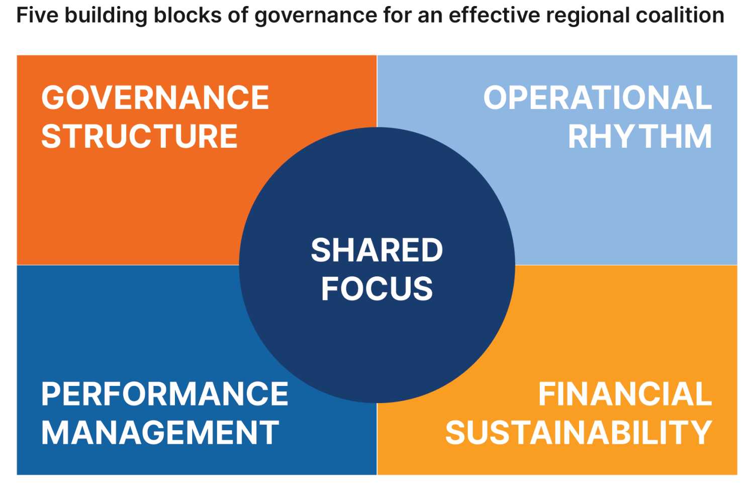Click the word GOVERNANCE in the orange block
[x=155, y=97]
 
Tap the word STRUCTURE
[x=139, y=136]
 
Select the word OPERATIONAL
[x=597, y=97]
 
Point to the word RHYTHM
[x=639, y=136]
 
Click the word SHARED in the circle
[x=376, y=250]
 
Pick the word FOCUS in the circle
[x=376, y=289]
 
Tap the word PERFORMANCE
[x=164, y=394]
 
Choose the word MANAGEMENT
[x=160, y=433]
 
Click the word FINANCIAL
[x=625, y=394]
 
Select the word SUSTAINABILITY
[x=579, y=433]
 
